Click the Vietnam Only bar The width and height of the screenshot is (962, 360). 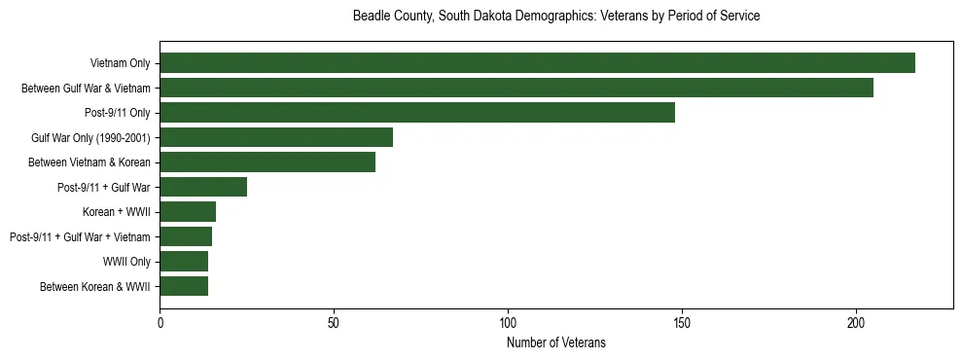click(x=537, y=63)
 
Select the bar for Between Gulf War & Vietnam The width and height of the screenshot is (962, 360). click(x=517, y=88)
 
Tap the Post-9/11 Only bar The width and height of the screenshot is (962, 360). click(x=417, y=113)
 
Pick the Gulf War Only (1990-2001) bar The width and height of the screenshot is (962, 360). click(x=276, y=137)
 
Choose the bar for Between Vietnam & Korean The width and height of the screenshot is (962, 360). click(x=267, y=162)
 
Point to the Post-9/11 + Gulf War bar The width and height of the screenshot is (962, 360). click(x=203, y=187)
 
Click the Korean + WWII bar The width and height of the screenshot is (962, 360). click(x=188, y=212)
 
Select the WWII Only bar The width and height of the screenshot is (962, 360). click(x=184, y=262)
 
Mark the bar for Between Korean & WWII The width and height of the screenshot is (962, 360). click(x=184, y=286)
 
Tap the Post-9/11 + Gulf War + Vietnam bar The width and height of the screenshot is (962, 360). click(x=186, y=236)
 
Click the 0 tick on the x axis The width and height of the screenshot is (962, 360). click(x=160, y=322)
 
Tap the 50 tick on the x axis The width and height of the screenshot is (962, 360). click(x=334, y=322)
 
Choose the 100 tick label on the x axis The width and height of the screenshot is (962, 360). click(x=508, y=322)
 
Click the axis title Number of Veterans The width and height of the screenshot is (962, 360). click(x=556, y=342)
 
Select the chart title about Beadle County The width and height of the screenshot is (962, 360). click(x=556, y=17)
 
